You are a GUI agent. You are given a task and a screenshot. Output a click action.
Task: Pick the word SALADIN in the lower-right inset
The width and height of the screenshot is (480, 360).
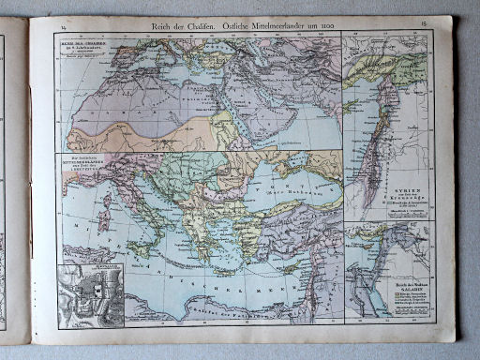pyautogui.click(x=409, y=288)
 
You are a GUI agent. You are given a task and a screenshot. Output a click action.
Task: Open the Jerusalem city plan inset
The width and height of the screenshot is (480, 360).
pyautogui.click(x=89, y=294)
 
